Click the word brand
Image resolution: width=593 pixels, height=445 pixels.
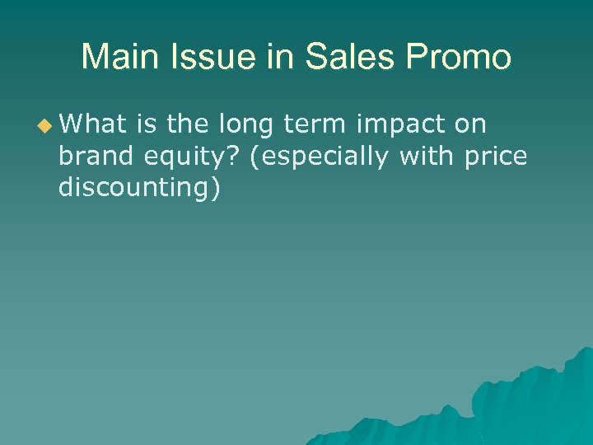(93, 156)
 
